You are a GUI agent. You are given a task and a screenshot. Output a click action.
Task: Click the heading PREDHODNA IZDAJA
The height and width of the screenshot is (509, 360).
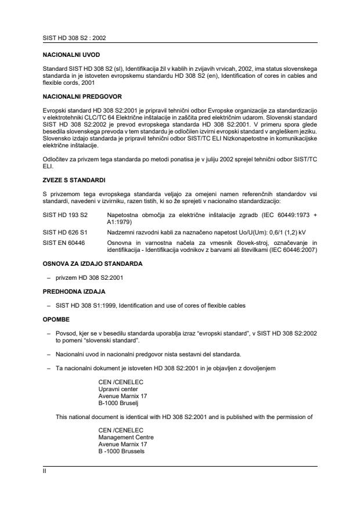[x=70, y=290]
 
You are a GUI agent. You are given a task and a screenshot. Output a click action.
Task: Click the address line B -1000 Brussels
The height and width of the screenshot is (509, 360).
[x=123, y=450]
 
